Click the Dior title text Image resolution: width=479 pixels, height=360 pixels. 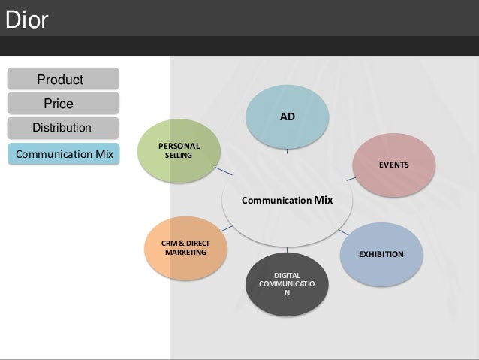pyautogui.click(x=26, y=21)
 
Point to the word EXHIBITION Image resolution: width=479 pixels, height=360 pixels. pyautogui.click(x=381, y=254)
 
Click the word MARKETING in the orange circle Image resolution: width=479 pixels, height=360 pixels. pyautogui.click(x=185, y=252)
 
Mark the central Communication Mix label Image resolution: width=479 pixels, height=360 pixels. pyautogui.click(x=287, y=201)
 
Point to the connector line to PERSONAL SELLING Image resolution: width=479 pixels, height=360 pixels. pyautogui.click(x=224, y=171)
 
